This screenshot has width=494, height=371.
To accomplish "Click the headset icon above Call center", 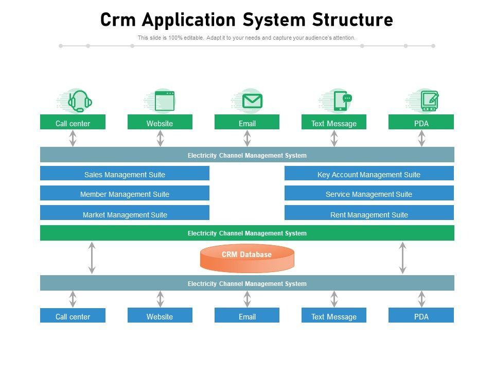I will [79, 100].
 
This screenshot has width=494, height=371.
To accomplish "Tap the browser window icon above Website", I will [165, 100].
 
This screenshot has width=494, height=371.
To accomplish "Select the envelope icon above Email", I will [252, 100].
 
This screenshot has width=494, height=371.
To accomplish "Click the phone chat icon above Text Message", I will [342, 100].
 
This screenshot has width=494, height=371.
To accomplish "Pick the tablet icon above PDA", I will [429, 100].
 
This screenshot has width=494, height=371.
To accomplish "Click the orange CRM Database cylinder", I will [247, 258].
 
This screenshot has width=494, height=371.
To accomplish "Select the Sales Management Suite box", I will [125, 174].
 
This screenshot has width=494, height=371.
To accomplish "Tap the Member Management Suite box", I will [125, 194].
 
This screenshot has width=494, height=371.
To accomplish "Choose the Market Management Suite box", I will [125, 214].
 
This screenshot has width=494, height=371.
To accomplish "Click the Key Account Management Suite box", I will [369, 174].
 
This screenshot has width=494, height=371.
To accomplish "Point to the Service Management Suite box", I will [369, 194].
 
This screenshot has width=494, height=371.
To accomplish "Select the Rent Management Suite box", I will [369, 214].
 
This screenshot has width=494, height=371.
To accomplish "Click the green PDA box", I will [421, 123].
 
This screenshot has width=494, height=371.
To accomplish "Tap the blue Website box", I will [160, 316].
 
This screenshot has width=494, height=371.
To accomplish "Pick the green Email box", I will [247, 123].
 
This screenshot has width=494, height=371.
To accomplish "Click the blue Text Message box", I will [333, 316].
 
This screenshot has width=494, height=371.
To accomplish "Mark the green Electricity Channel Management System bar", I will [247, 233].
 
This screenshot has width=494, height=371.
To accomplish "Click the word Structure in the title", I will [352, 20].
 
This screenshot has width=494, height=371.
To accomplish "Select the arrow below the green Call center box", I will [73, 138].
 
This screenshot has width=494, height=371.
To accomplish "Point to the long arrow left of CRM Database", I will [92, 258].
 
